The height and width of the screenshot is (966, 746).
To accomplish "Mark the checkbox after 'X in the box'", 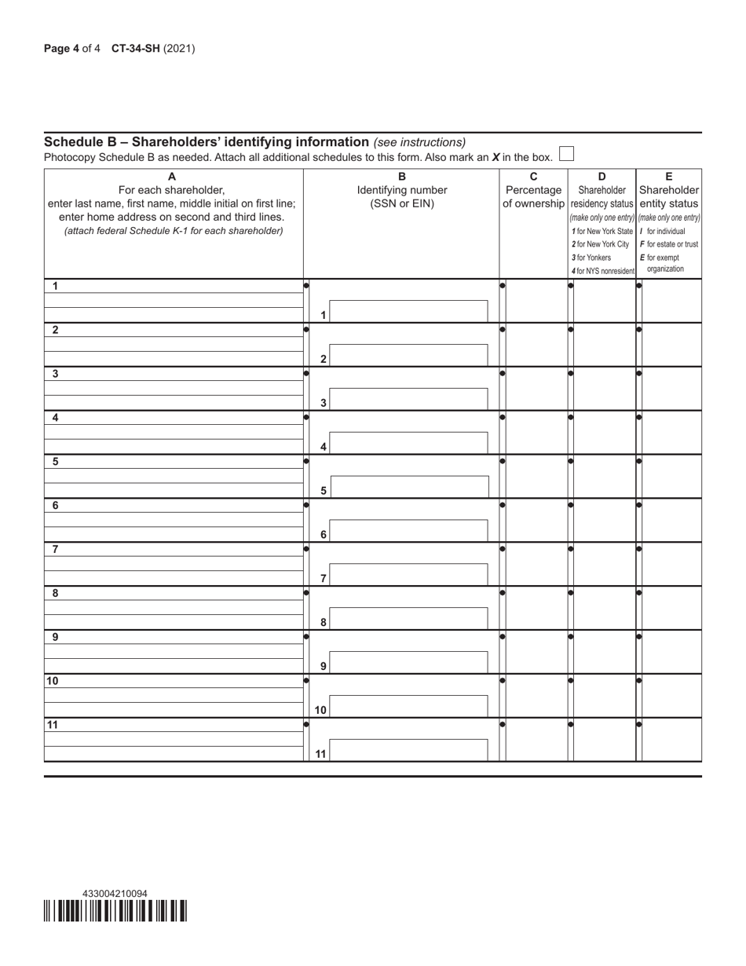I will [566, 154].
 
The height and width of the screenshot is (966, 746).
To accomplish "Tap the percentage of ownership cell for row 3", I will [536, 387].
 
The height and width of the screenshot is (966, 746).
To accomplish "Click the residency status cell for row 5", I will [604, 475].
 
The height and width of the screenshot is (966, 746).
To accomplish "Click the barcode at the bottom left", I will [115, 911].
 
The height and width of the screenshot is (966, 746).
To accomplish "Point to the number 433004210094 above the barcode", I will [115, 894].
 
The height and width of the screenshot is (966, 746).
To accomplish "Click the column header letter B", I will [402, 177].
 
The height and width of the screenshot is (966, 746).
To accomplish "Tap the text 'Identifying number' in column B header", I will [402, 190].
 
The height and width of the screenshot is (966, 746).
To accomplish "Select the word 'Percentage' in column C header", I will [533, 190].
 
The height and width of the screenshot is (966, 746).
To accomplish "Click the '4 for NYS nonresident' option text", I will [602, 272].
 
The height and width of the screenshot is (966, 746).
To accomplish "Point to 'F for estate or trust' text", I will [669, 244].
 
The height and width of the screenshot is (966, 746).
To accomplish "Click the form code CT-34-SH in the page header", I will [135, 49].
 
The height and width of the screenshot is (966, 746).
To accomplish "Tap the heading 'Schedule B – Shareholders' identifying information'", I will [207, 142].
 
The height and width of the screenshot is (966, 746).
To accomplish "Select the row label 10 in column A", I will [53, 681].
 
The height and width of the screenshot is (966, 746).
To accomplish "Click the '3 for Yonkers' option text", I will [591, 258].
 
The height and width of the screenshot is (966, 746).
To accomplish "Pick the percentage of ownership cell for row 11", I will [536, 739].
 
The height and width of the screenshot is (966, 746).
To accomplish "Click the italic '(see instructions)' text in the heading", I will [419, 142].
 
